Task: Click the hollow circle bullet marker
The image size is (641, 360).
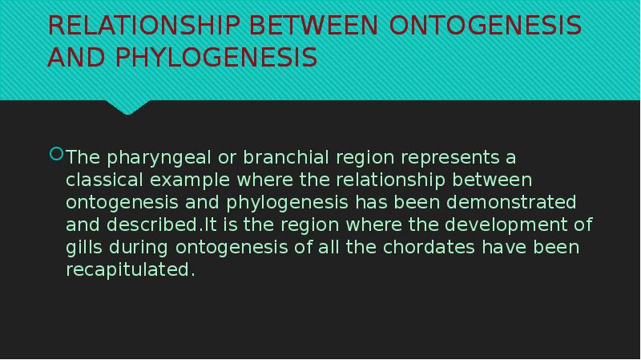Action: tap(56, 153)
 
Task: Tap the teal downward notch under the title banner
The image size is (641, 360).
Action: tap(128, 106)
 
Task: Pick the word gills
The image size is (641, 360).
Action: tap(83, 246)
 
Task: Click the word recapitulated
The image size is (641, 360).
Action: tap(130, 269)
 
